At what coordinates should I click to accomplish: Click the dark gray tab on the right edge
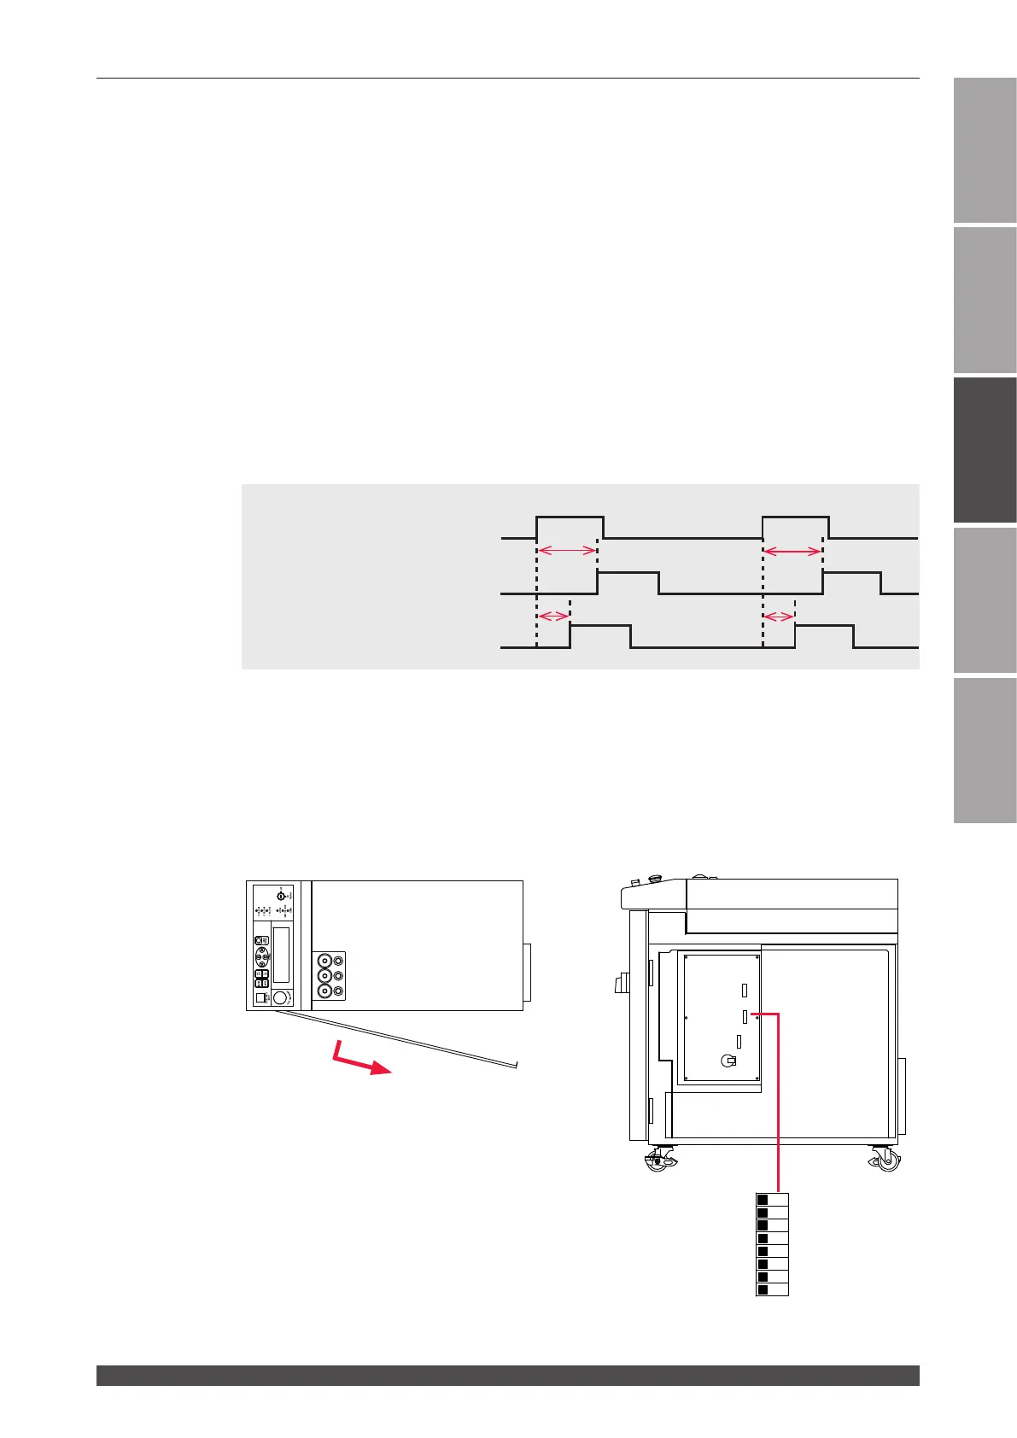[985, 449]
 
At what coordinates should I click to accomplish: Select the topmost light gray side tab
[985, 150]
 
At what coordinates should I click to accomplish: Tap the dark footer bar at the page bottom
[507, 1375]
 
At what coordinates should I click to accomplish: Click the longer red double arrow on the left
[567, 551]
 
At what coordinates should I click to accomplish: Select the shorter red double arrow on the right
[778, 617]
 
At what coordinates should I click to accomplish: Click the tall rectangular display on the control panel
[281, 955]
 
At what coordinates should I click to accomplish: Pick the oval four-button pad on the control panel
[261, 951]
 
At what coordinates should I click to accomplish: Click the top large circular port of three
[324, 960]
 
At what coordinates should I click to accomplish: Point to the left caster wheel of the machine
[658, 1160]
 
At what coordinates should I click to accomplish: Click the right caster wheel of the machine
[885, 1159]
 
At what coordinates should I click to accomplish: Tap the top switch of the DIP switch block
[763, 1200]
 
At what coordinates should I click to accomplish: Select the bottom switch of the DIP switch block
[763, 1289]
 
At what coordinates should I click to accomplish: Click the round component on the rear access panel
[728, 1060]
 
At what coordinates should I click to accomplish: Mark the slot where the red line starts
[745, 1015]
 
